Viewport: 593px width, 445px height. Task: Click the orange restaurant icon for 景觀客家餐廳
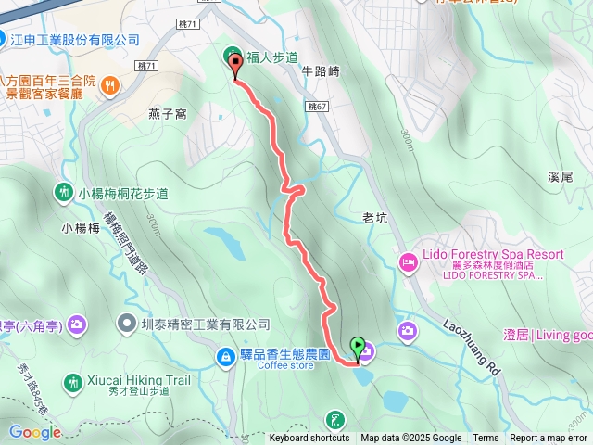pos(110,87)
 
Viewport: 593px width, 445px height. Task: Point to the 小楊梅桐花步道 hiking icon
pos(62,193)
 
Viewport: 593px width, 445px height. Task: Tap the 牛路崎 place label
pos(322,70)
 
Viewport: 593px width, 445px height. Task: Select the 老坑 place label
pos(374,219)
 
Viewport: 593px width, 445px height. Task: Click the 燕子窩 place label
pos(168,114)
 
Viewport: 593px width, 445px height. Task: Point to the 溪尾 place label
pos(562,176)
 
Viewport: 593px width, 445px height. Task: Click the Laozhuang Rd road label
pos(472,347)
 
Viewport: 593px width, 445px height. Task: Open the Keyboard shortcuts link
pos(309,439)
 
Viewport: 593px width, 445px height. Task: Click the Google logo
pos(34,432)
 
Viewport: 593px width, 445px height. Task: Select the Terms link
pos(486,439)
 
